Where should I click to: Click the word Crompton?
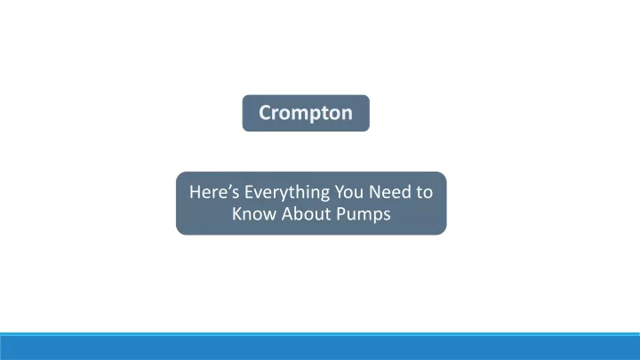tap(305, 113)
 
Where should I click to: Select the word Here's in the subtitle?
tap(214, 192)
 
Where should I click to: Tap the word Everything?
tap(287, 193)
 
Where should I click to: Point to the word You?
tap(349, 192)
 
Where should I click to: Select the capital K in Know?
tap(237, 213)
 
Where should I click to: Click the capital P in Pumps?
tap(340, 213)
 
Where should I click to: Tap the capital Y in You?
tap(340, 192)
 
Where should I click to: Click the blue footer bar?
tap(320, 347)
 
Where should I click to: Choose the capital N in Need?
tap(375, 192)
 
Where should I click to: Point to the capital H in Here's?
tap(195, 192)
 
